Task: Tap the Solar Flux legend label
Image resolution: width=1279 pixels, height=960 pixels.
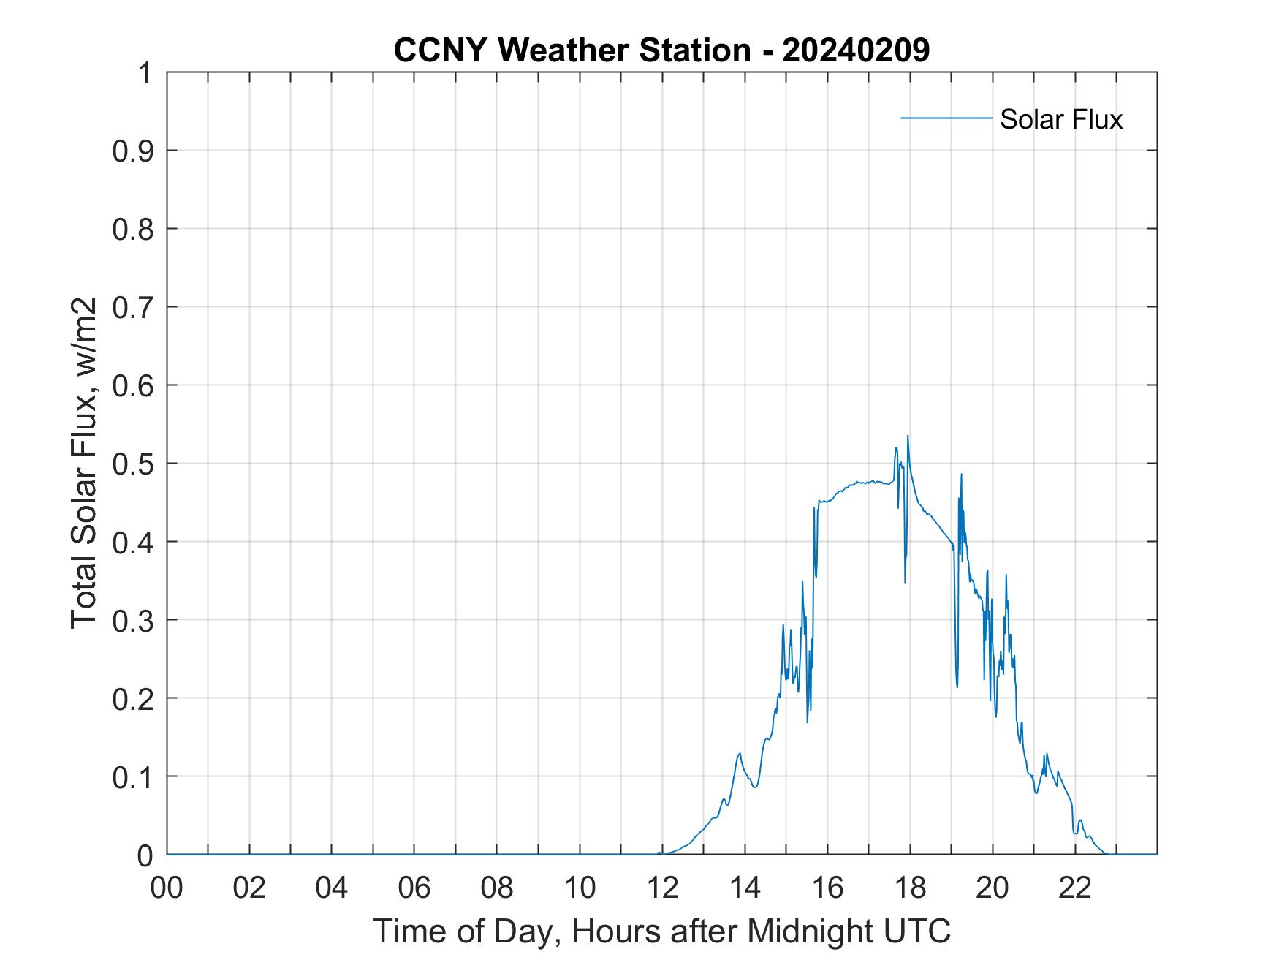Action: click(x=1060, y=119)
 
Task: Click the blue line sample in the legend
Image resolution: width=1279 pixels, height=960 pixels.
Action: click(x=946, y=118)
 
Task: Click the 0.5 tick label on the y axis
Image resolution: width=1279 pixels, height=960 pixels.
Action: click(x=134, y=464)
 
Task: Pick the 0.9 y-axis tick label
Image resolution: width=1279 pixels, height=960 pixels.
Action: click(x=134, y=151)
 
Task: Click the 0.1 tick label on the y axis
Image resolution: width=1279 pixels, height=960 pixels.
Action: click(x=134, y=776)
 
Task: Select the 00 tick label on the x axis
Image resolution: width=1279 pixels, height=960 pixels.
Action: click(x=167, y=888)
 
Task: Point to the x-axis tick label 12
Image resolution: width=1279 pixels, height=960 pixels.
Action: click(x=662, y=888)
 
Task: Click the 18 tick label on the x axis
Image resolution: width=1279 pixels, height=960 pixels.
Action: click(x=910, y=888)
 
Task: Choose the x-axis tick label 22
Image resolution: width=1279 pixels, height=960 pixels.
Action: click(x=1075, y=888)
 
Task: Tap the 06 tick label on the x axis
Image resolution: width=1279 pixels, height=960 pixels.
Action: click(x=414, y=888)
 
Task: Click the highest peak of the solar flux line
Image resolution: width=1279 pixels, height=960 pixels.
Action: click(x=908, y=436)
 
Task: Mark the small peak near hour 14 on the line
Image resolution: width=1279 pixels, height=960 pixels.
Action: click(x=740, y=754)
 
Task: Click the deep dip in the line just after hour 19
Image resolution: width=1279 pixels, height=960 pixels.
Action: click(x=957, y=686)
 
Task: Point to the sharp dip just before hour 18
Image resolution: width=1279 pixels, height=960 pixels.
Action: click(x=905, y=582)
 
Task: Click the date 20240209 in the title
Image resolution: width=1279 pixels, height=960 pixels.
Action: click(x=856, y=50)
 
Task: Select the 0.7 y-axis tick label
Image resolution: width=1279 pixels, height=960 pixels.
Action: click(x=134, y=307)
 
